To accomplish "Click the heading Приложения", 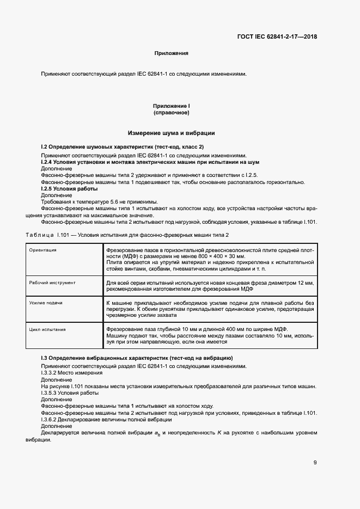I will pos(172,53).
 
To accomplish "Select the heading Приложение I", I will pos(172,106).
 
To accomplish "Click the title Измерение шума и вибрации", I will pos(172,133).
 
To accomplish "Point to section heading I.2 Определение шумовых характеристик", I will pos(123,148).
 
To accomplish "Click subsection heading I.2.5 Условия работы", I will pos(69,188).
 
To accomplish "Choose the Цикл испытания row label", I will pos(48,329).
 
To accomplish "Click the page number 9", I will pos(315,463).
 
